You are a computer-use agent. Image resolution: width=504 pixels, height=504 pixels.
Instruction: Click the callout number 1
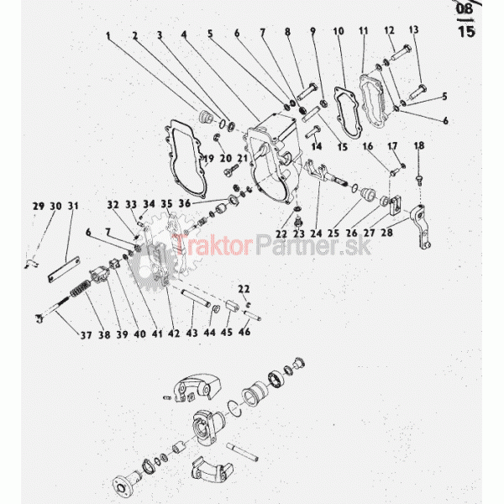(x=108, y=35)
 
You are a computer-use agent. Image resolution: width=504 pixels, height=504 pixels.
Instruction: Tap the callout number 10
(x=339, y=31)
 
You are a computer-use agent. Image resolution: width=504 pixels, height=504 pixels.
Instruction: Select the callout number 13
(x=414, y=30)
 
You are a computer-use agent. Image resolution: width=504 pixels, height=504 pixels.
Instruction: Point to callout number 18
(x=419, y=145)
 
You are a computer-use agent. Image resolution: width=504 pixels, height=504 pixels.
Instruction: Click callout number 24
(x=316, y=233)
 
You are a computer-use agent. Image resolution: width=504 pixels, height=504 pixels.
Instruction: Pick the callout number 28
(x=386, y=232)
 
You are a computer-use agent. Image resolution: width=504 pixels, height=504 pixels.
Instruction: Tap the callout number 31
(x=73, y=206)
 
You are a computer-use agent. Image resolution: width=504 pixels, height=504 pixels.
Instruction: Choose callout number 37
(x=87, y=335)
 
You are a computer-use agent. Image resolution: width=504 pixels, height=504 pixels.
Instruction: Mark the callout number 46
(x=244, y=332)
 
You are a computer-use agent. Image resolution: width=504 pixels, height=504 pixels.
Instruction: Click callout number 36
(x=185, y=203)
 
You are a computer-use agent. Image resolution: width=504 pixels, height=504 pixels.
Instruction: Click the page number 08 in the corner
(x=465, y=8)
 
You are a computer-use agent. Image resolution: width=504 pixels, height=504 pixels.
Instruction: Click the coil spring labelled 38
(x=80, y=288)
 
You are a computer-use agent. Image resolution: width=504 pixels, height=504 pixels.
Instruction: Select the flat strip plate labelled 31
(x=64, y=270)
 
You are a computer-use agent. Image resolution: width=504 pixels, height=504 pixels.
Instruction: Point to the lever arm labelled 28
(x=421, y=227)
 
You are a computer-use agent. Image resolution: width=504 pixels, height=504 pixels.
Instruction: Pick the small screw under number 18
(x=418, y=180)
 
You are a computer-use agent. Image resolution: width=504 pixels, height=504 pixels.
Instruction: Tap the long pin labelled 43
(x=196, y=298)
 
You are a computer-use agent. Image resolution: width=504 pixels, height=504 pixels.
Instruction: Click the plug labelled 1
(x=205, y=117)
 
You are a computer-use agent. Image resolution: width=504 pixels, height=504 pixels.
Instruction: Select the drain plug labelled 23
(x=299, y=222)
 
